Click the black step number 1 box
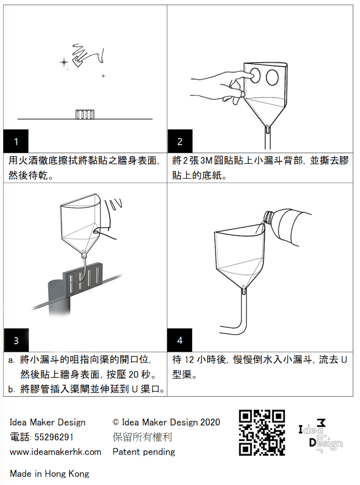pos(16,141)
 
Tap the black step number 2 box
pos(180,141)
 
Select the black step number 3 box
pos(16,340)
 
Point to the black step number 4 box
pos(180,340)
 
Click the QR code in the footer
pos(262,433)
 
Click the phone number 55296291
pos(54,437)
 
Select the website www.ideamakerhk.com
pos(56,452)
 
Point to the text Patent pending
pos(144,452)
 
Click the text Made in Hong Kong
pos(50,474)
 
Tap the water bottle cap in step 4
pos(268,216)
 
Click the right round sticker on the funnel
pos(272,77)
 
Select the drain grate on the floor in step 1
pos(85,114)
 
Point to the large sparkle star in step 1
pos(64,63)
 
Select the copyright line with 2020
pos(166,422)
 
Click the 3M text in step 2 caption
pos(206,160)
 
